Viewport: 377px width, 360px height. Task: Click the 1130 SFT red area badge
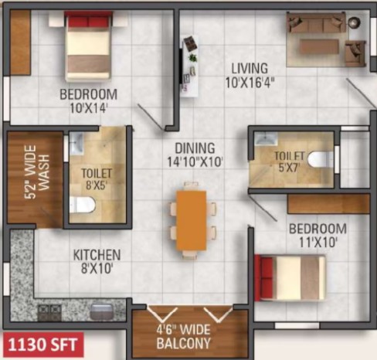coord(43,345)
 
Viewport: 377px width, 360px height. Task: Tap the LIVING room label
coord(250,68)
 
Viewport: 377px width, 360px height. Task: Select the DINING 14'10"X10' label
coord(195,155)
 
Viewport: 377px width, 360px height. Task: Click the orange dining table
coord(192,220)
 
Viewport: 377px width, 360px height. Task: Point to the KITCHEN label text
coord(97,255)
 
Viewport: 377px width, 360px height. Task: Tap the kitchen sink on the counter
coord(102,312)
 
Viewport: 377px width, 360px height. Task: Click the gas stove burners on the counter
coord(49,312)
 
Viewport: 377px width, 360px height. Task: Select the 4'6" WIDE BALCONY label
coord(184,337)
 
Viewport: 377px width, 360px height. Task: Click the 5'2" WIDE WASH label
coord(37,172)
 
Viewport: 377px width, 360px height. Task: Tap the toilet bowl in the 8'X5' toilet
coord(83,205)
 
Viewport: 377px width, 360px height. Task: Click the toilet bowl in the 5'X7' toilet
coord(321,159)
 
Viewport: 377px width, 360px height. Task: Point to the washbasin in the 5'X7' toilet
coord(266,138)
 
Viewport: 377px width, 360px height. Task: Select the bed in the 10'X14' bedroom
coord(88,46)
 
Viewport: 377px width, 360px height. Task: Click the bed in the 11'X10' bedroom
coord(290,277)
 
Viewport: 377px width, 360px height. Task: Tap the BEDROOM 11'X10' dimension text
coord(318,243)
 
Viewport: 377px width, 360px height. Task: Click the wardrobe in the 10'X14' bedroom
coord(21,42)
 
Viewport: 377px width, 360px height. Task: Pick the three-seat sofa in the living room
coord(316,22)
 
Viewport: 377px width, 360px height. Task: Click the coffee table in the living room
coord(319,46)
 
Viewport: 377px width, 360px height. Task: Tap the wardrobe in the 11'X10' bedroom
coord(329,204)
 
